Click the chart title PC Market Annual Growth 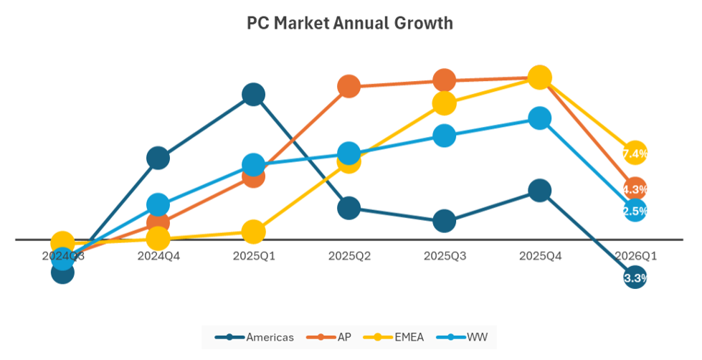[x=350, y=23]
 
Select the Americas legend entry [x=256, y=337]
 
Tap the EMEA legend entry [x=395, y=337]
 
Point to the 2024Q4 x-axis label [x=158, y=255]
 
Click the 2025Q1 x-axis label [x=253, y=255]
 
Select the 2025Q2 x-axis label [x=348, y=255]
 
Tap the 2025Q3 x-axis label [x=444, y=255]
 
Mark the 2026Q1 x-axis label [x=635, y=255]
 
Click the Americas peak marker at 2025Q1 [x=253, y=94]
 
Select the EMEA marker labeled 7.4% [x=635, y=153]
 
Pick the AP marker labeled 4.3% [x=635, y=189]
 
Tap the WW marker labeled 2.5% [x=635, y=210]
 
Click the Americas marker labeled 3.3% [x=635, y=278]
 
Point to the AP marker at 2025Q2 [x=348, y=87]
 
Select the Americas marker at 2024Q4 [x=158, y=158]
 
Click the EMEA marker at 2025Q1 [x=253, y=232]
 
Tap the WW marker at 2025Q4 [x=539, y=118]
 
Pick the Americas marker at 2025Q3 [x=444, y=221]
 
